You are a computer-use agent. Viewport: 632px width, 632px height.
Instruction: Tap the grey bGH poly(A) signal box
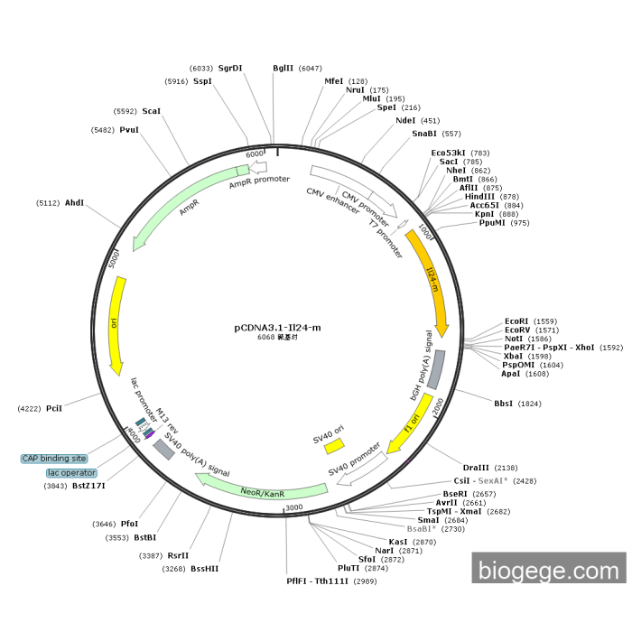[435, 369]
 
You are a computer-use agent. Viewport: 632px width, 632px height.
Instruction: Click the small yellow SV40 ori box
[334, 446]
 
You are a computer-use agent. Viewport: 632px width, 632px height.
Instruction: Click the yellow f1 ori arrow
[409, 423]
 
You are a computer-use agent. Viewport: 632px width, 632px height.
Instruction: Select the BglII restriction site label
[283, 68]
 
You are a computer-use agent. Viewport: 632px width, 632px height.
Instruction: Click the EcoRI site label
[517, 321]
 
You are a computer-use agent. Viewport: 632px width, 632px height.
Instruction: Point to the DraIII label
[477, 467]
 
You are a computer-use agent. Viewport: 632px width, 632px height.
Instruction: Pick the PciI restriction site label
[55, 409]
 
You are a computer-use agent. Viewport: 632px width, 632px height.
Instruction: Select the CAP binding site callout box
[54, 459]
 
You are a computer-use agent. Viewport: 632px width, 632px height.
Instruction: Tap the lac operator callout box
[71, 472]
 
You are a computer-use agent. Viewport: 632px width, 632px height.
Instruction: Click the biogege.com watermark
[548, 570]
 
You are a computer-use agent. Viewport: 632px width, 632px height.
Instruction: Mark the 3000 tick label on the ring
[293, 508]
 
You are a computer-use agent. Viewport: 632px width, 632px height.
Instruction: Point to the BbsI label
[504, 403]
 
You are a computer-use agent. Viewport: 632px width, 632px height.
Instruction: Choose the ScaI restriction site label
[152, 111]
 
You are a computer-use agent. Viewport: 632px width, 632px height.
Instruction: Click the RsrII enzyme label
[178, 555]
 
